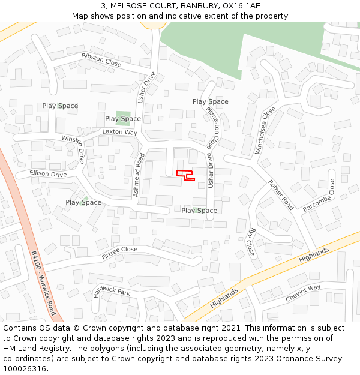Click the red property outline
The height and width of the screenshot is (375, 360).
click(x=185, y=175)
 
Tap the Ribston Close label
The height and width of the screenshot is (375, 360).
click(x=101, y=60)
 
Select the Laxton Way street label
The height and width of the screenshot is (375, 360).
click(x=119, y=132)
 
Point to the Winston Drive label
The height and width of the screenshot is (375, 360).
click(x=74, y=149)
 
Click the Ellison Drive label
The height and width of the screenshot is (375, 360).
click(x=49, y=174)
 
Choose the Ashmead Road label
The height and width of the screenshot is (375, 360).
click(x=140, y=175)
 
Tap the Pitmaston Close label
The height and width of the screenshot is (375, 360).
click(x=213, y=128)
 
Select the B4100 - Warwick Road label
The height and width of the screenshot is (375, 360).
click(x=43, y=282)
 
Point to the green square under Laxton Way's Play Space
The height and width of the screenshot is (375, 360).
click(x=123, y=115)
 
